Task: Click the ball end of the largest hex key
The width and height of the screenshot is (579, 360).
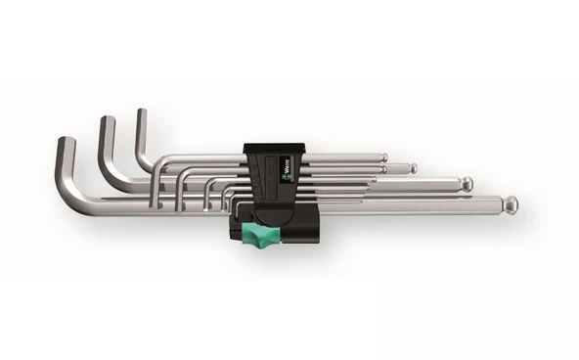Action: (510, 204)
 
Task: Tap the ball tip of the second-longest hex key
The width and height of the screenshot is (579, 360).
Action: (467, 184)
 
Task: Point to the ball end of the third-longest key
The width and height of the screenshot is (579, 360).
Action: (412, 168)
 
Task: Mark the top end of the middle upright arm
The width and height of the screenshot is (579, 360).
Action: (103, 120)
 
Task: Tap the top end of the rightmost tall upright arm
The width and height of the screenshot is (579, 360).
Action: (140, 113)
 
